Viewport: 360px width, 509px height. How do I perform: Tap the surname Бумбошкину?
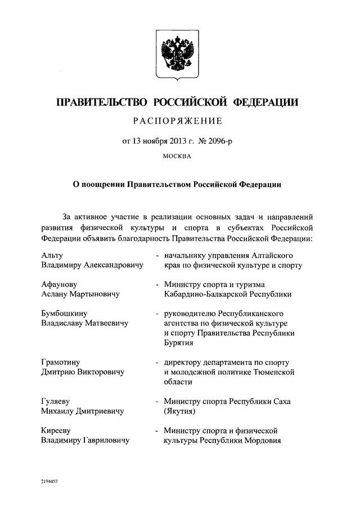pos(67,314)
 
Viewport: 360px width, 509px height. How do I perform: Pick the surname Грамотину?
pos(65,362)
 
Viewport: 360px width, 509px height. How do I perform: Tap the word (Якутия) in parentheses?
pos(179,412)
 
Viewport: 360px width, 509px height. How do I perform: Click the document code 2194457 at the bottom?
pos(50,483)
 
